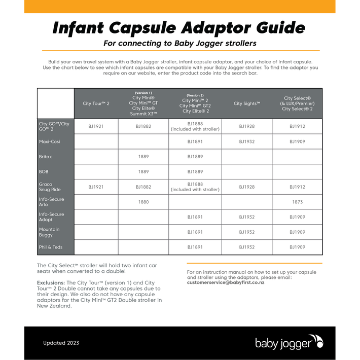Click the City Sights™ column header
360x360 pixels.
click(246, 103)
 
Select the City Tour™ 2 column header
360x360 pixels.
click(96, 103)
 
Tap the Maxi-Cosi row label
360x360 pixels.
click(49, 141)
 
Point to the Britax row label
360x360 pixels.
click(46, 157)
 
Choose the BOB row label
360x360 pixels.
click(44, 172)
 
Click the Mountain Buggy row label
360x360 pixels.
click(49, 232)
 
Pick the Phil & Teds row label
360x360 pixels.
click(51, 247)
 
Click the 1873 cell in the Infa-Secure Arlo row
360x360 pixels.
click(297, 202)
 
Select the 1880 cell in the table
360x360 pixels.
click(143, 202)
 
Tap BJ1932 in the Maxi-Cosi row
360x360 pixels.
click(246, 141)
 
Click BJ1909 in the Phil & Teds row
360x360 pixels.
click(297, 247)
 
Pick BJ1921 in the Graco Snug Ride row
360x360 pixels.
click(96, 187)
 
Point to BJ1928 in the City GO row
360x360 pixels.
click(246, 126)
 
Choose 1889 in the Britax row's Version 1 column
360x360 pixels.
click(143, 157)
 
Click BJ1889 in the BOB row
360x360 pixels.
click(195, 172)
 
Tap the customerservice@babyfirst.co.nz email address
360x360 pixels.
click(225, 282)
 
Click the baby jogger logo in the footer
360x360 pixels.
click(289, 343)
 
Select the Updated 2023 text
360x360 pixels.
click(60, 343)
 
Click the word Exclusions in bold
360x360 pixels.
click(51, 282)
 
